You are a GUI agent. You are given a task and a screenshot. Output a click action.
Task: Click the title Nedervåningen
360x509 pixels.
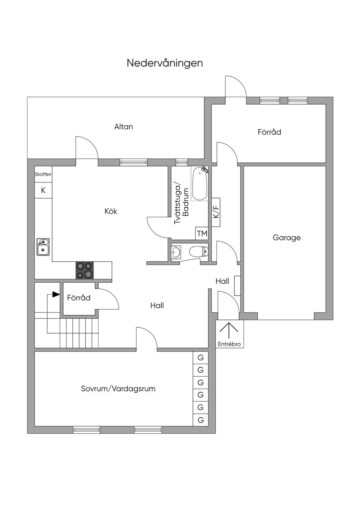(165, 63)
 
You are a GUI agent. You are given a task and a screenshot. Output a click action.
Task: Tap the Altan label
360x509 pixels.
(123, 127)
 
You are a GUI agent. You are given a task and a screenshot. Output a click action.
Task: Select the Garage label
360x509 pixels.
(287, 238)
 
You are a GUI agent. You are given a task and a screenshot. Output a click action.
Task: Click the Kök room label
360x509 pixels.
(111, 211)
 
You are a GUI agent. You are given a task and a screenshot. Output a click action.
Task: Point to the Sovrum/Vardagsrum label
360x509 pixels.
(118, 389)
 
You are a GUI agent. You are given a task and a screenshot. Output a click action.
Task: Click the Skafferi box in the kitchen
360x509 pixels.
(43, 174)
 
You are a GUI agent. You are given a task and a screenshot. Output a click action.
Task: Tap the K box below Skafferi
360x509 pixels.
(43, 191)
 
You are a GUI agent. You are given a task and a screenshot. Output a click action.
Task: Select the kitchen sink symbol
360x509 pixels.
(43, 247)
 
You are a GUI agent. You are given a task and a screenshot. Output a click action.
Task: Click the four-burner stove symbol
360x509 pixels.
(85, 270)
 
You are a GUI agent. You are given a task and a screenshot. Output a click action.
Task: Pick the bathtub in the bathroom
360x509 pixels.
(200, 184)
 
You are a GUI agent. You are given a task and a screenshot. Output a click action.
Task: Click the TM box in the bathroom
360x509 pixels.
(202, 233)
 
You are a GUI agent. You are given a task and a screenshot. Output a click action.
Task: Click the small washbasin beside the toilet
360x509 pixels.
(175, 252)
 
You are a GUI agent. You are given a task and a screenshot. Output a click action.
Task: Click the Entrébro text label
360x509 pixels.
(229, 344)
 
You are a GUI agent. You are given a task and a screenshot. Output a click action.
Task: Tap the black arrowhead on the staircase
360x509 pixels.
(56, 294)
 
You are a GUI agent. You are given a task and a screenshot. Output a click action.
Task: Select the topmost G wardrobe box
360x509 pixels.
(201, 358)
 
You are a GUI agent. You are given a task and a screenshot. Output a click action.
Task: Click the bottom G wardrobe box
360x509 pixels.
(201, 420)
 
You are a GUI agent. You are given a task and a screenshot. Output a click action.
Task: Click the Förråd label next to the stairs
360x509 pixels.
(79, 298)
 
